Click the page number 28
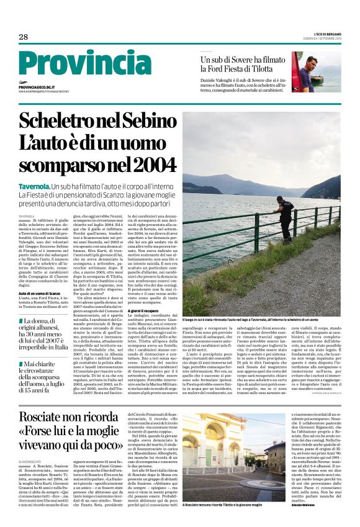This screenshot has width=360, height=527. point(24,37)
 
